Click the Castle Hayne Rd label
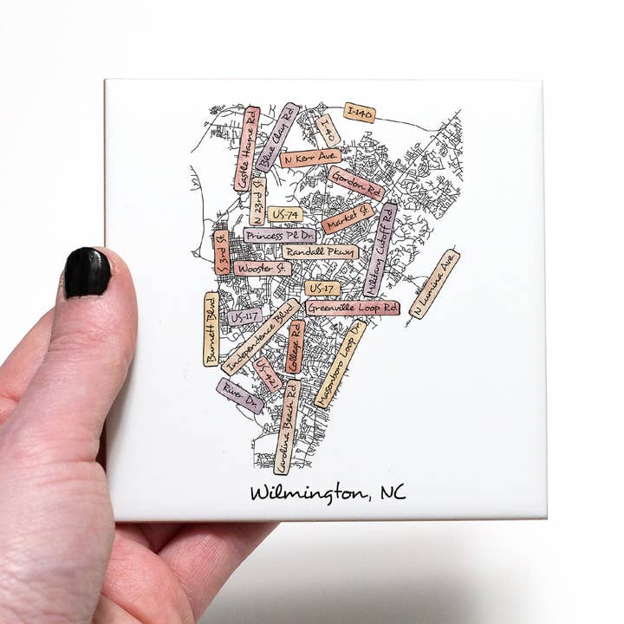247,149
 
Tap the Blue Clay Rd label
278,137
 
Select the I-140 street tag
360,112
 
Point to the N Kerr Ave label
310,158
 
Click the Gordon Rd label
356,184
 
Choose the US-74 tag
285,214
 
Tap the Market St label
348,218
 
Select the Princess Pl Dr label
279,235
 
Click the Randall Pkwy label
320,252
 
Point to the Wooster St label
262,269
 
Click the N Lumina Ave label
434,284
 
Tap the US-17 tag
322,288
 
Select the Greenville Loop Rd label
353,308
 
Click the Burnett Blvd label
211,328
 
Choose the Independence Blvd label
261,337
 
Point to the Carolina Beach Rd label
287,426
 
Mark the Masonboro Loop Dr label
341,364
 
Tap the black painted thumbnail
88,272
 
